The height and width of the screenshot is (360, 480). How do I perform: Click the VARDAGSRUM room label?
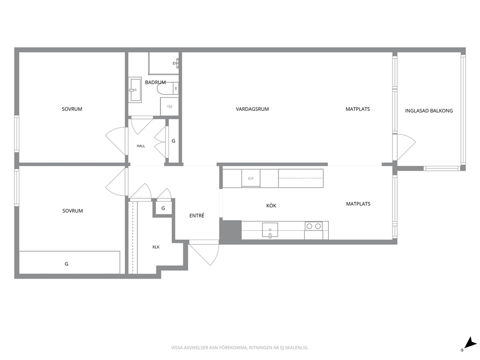tap(252, 109)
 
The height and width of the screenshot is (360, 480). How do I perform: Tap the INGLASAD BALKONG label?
tap(429, 111)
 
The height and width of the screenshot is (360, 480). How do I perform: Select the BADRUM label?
tap(155, 82)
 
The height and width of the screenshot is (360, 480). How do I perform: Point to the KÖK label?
tap(271, 206)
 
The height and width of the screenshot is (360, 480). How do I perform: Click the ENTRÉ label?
tap(197, 215)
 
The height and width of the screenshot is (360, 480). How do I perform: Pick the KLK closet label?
tap(156, 247)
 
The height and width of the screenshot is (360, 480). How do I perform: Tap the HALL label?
tap(141, 146)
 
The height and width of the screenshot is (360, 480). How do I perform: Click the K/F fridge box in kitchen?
tap(251, 178)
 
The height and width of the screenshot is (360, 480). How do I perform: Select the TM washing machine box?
tap(169, 106)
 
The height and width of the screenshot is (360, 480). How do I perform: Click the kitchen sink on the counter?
tap(270, 230)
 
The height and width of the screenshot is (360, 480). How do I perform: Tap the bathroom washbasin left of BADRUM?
tap(135, 90)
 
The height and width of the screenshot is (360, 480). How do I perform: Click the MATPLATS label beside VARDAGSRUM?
tap(358, 109)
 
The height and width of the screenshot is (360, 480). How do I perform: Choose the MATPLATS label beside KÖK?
tap(358, 204)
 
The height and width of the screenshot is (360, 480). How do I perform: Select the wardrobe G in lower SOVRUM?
tap(70, 263)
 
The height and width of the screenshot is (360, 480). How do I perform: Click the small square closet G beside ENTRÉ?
tap(163, 208)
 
